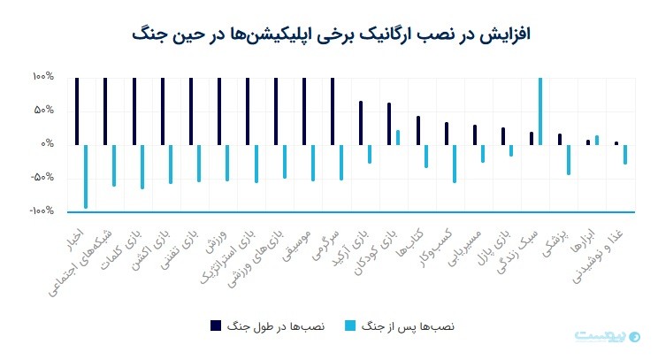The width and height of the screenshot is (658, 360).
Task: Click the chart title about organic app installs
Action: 329,34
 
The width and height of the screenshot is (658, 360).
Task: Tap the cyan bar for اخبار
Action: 85,176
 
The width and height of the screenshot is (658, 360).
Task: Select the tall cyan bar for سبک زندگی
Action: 539,111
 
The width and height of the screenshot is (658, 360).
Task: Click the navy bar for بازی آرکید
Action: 361,122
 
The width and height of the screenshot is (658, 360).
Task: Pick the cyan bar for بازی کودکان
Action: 398,137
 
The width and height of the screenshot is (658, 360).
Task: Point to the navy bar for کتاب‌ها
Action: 417,130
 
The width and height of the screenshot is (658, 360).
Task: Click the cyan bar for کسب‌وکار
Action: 455,163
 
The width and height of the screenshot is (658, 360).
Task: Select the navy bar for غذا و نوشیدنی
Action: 616,142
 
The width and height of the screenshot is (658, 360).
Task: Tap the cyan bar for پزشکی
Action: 568,159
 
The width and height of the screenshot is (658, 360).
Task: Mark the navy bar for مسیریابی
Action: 474,134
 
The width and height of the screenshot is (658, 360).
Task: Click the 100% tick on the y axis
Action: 43,78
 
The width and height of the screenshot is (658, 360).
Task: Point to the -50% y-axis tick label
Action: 42,178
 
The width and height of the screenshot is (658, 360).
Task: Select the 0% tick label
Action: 47,144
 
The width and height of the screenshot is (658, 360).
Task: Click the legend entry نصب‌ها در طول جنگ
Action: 269,326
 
